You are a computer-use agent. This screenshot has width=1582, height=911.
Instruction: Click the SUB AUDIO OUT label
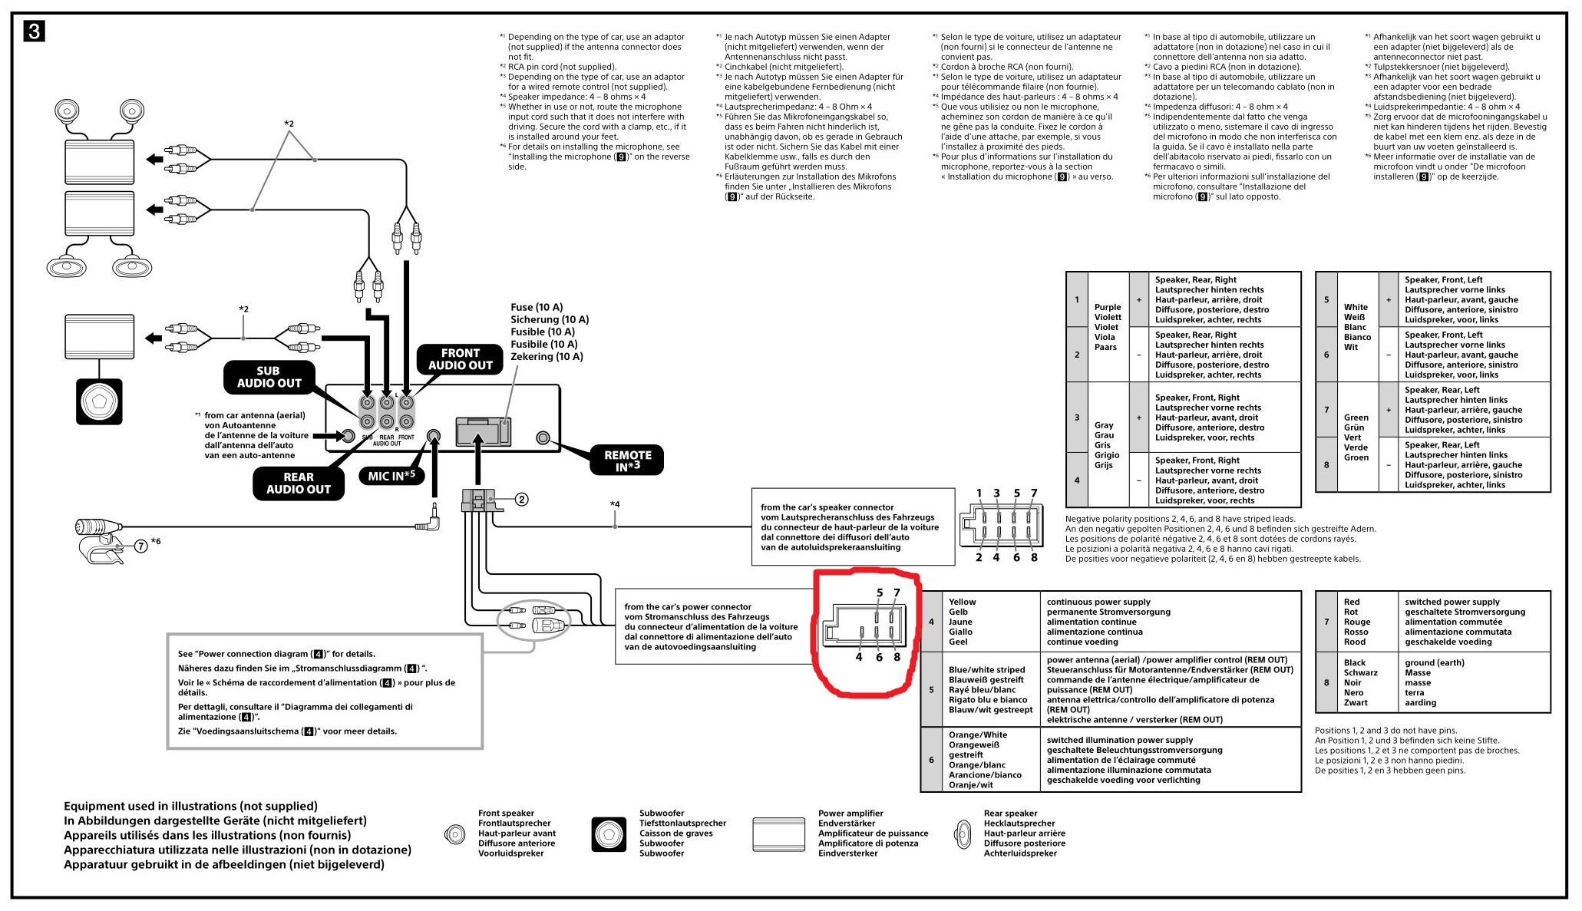pyautogui.click(x=269, y=377)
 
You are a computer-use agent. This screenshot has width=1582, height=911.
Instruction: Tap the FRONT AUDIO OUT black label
pyautogui.click(x=460, y=359)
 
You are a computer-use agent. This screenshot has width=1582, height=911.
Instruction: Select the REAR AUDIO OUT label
pyautogui.click(x=298, y=483)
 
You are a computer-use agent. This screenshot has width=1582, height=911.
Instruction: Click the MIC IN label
pyautogui.click(x=391, y=476)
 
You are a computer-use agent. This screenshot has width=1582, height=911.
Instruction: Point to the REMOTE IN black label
pyautogui.click(x=627, y=460)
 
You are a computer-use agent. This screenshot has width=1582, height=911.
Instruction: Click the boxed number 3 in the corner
pyautogui.click(x=35, y=31)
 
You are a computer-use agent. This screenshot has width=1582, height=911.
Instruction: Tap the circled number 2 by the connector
pyautogui.click(x=521, y=500)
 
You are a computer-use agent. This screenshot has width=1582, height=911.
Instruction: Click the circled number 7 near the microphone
pyautogui.click(x=141, y=546)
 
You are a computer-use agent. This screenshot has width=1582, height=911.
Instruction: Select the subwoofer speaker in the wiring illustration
pyautogui.click(x=99, y=401)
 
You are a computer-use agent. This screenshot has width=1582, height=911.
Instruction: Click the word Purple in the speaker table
pyautogui.click(x=1108, y=307)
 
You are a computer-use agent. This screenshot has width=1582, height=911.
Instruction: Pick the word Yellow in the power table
pyautogui.click(x=962, y=602)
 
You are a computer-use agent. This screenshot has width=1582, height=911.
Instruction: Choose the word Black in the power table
pyautogui.click(x=1355, y=662)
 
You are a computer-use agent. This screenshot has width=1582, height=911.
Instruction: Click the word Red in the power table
pyautogui.click(x=1352, y=602)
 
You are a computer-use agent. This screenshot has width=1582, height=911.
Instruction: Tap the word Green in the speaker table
pyautogui.click(x=1356, y=418)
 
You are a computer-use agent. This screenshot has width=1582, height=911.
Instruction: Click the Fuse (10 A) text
pyautogui.click(x=537, y=307)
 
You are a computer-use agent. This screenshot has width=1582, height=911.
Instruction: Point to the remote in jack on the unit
pyautogui.click(x=543, y=438)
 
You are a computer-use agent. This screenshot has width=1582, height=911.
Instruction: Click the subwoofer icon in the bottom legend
pyautogui.click(x=609, y=834)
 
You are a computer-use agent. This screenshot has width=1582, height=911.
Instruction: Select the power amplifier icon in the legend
pyautogui.click(x=779, y=834)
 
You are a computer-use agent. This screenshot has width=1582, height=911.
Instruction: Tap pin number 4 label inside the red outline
pyautogui.click(x=859, y=657)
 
